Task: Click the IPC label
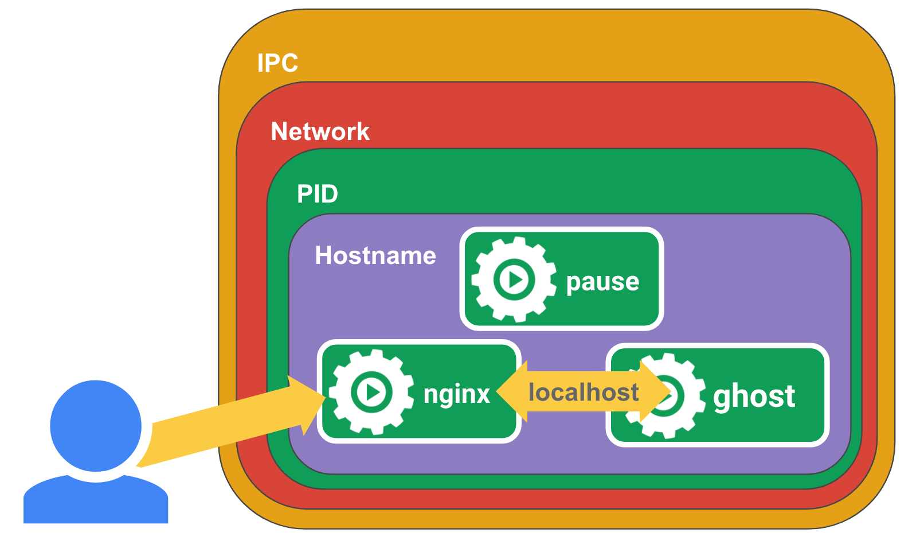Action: [277, 63]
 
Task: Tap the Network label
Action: [320, 131]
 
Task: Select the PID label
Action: [317, 194]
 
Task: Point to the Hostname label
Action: [375, 255]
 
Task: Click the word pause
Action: [602, 281]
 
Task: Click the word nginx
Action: [456, 394]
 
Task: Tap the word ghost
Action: [754, 396]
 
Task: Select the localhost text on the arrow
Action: [583, 393]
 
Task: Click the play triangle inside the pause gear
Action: [515, 280]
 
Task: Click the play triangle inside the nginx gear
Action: [373, 393]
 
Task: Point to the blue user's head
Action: [96, 425]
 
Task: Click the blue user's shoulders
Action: [96, 502]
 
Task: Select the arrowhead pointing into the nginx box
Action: [307, 404]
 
